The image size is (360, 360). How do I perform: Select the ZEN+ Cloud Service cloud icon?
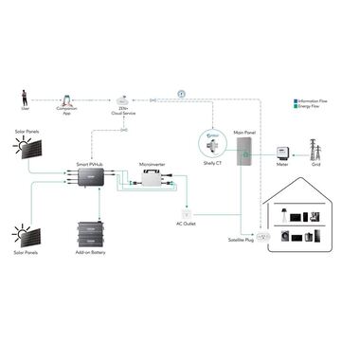pos(123,99)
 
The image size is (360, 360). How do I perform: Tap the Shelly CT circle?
pos(212,143)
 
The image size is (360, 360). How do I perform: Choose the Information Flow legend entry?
pos(312,99)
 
